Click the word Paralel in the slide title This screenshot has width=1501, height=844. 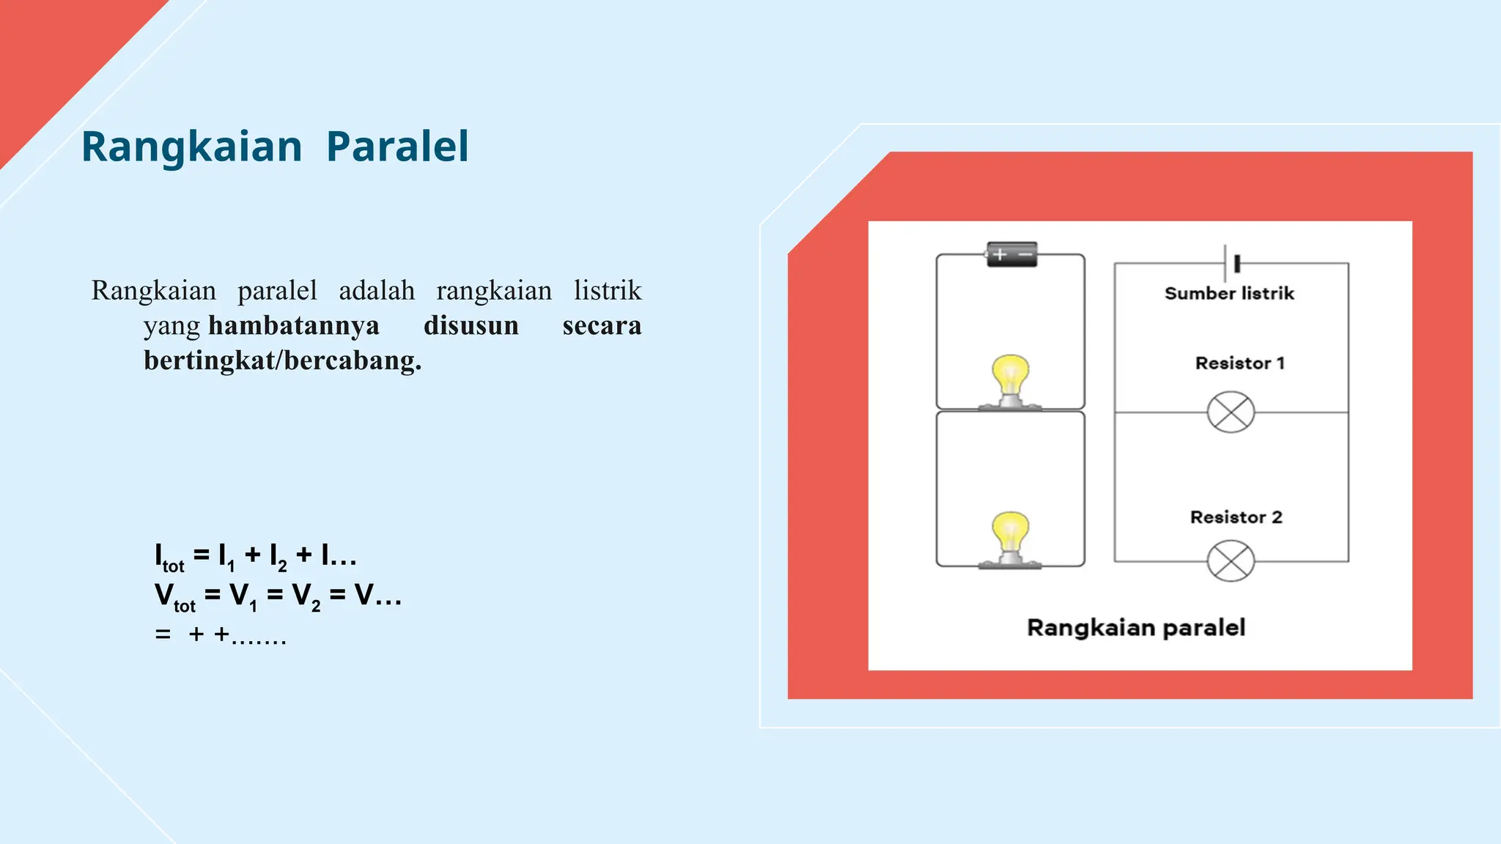(x=397, y=147)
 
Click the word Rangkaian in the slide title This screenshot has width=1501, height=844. (x=191, y=147)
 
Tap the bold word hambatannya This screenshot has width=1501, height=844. (x=294, y=325)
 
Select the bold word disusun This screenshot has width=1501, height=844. (x=471, y=325)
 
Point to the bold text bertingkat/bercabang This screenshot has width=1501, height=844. (x=282, y=360)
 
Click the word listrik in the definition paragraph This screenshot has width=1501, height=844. (x=607, y=291)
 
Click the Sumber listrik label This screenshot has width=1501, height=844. (x=1229, y=294)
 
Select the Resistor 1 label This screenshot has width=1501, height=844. (x=1239, y=363)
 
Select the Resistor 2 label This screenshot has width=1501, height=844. (x=1236, y=517)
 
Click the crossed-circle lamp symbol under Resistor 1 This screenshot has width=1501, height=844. (x=1231, y=412)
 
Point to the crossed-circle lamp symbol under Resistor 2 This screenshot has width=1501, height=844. (x=1231, y=561)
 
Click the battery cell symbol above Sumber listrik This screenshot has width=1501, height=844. (x=1231, y=263)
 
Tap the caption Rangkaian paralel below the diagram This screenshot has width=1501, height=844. (x=1136, y=628)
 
